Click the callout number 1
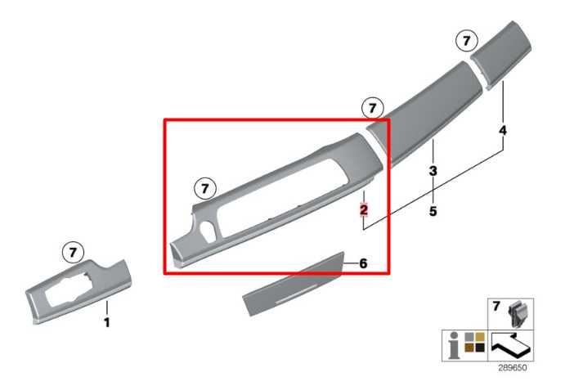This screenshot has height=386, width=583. pyautogui.click(x=107, y=322)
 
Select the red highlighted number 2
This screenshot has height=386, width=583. pyautogui.click(x=364, y=209)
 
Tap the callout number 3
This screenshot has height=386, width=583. pyautogui.click(x=433, y=171)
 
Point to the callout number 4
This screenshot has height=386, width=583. pyautogui.click(x=503, y=131)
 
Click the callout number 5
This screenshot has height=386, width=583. pyautogui.click(x=433, y=211)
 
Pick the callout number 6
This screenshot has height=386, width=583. pyautogui.click(x=363, y=263)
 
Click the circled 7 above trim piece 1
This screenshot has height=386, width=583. pyautogui.click(x=73, y=253)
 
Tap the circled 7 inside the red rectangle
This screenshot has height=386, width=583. pyautogui.click(x=205, y=189)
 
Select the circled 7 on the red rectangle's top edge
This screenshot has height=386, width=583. pyautogui.click(x=373, y=108)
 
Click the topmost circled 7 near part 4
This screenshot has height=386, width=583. pyautogui.click(x=467, y=40)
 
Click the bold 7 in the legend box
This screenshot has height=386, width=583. pyautogui.click(x=496, y=306)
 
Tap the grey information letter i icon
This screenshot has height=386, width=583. pyautogui.click(x=453, y=346)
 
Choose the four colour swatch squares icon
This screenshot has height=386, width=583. pyautogui.click(x=475, y=342)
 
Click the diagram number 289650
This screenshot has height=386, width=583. pyautogui.click(x=513, y=368)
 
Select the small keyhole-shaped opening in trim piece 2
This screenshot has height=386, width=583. pyautogui.click(x=208, y=231)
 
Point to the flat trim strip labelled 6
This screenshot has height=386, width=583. pyautogui.click(x=294, y=284)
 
